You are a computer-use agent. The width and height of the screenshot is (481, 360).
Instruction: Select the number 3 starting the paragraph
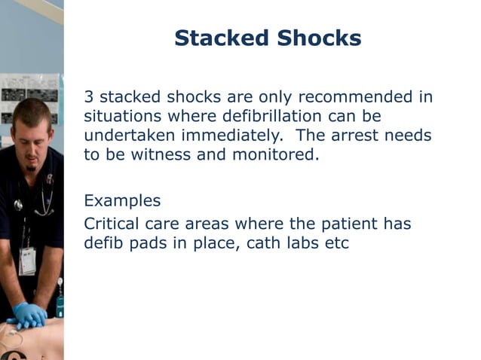[x=88, y=97]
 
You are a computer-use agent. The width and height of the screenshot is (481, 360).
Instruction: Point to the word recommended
[x=357, y=97]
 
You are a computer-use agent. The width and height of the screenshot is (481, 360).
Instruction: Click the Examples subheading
[x=122, y=201]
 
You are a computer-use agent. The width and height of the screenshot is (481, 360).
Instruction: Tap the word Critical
[x=110, y=224]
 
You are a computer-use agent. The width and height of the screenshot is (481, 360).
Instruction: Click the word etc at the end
[x=338, y=244]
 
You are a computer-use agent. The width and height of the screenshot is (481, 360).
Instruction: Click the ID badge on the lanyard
[x=27, y=261]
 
